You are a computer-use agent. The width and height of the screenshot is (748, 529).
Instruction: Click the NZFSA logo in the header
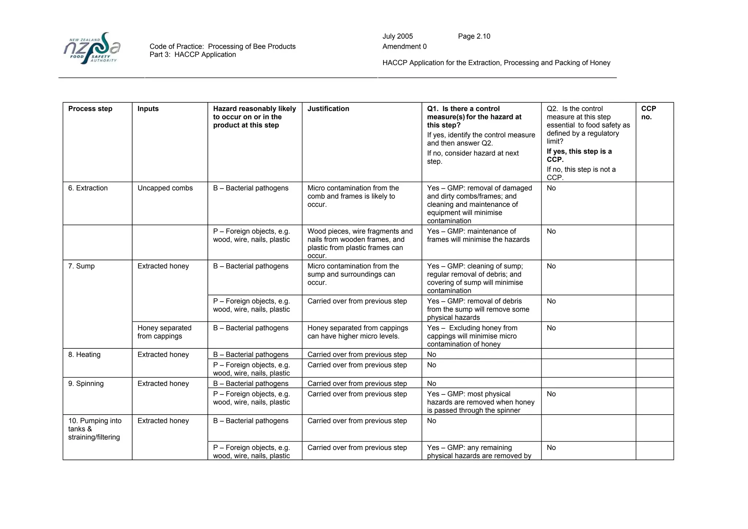(92, 48)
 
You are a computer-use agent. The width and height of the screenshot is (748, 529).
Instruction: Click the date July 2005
(397, 36)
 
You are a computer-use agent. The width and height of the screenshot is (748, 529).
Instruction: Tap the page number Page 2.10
(474, 36)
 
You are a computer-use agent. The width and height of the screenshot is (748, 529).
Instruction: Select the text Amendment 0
(404, 46)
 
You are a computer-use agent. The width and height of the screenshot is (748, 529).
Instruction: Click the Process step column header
(90, 109)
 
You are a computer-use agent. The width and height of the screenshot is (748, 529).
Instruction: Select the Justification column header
(328, 109)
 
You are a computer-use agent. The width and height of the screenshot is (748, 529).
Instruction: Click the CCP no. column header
(648, 113)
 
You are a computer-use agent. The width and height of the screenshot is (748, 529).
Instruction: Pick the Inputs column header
(148, 109)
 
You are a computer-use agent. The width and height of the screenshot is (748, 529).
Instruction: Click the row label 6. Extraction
(88, 188)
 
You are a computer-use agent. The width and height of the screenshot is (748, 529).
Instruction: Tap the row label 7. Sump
(81, 266)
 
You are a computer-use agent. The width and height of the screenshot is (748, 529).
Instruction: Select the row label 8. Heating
(84, 355)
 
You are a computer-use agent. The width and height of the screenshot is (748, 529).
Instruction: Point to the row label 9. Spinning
(86, 383)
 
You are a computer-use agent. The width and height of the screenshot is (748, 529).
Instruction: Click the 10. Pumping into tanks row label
(95, 429)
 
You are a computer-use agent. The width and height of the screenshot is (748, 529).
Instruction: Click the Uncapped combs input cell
(165, 188)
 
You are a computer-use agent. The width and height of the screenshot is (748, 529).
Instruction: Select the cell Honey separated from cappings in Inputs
(164, 332)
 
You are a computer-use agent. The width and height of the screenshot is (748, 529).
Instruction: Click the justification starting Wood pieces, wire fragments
(360, 243)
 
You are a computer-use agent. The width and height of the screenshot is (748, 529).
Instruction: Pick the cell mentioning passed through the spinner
(481, 402)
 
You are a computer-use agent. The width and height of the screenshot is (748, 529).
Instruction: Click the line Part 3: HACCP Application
(192, 54)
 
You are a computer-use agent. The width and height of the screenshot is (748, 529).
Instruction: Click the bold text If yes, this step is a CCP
(579, 155)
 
